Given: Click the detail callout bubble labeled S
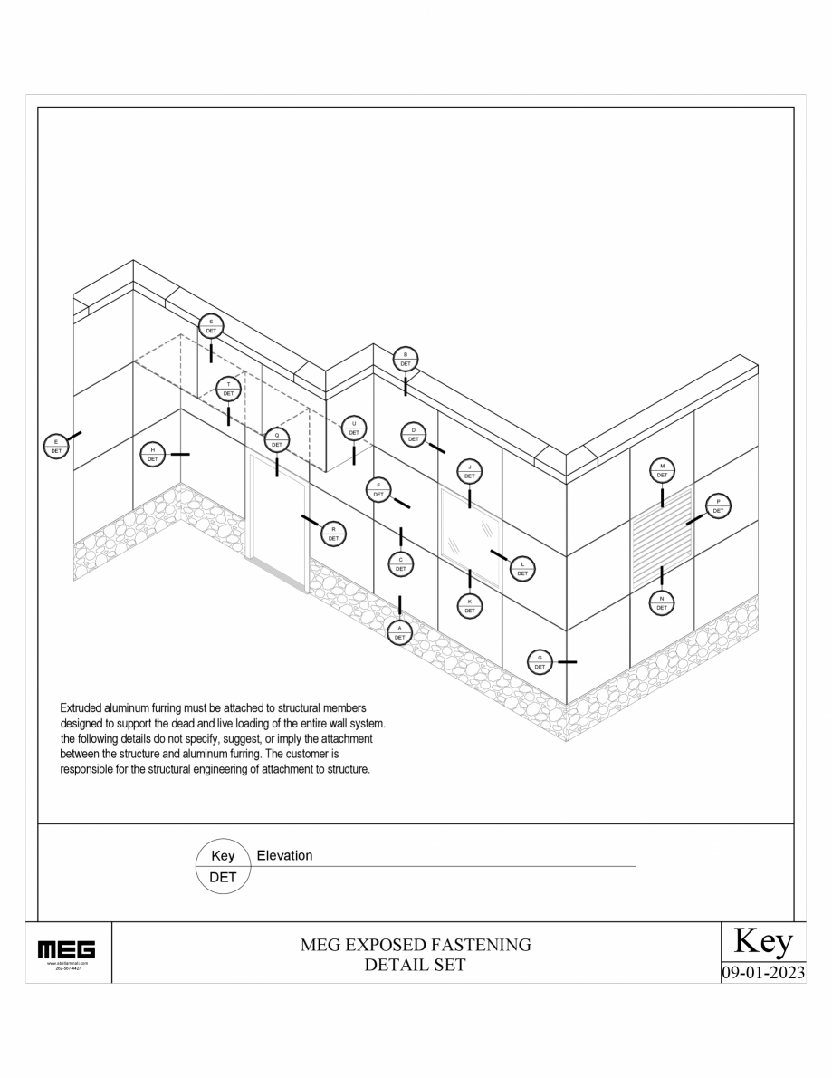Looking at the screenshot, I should coord(211,326).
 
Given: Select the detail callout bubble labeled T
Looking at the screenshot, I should coord(229,390).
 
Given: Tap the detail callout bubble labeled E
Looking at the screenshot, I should coord(56,446).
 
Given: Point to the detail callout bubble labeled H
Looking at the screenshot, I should coord(152,455).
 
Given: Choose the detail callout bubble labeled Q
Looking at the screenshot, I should coord(276,440).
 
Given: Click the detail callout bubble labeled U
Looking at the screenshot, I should coord(354,428).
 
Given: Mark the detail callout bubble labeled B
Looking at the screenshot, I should coord(406,359).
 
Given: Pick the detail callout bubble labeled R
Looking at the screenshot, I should coord(333,533).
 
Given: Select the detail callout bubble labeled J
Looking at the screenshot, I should coord(469,471).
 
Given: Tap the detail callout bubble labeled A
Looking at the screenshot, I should coord(399,632).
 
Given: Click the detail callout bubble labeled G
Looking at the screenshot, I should coord(540,662).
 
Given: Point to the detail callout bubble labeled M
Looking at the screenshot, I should coord(662,470).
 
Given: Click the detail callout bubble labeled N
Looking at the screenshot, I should coord(662,603).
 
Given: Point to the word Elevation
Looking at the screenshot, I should coord(285,856).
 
